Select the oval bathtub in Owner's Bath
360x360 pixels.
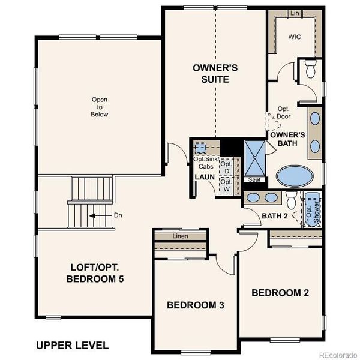pos(294,176)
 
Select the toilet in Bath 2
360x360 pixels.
pos(290,200)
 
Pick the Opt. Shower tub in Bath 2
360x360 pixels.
pos(311,209)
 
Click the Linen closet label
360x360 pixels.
pos(180,236)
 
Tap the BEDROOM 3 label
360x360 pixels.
pos(195,305)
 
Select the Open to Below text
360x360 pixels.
pos(100,107)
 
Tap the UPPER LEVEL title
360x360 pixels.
pos(72,345)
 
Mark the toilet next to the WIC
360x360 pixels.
pos(310,70)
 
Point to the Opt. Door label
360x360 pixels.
pos(284,113)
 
